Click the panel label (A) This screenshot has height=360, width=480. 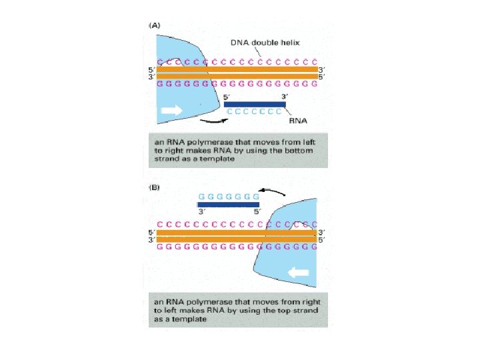pyautogui.click(x=155, y=25)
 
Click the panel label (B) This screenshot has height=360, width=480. pyautogui.click(x=155, y=188)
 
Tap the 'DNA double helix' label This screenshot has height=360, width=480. pyautogui.click(x=265, y=43)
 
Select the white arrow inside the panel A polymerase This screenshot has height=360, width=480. pyautogui.click(x=171, y=111)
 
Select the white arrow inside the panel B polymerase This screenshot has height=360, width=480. pyautogui.click(x=299, y=272)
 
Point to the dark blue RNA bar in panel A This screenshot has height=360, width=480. pyautogui.click(x=255, y=104)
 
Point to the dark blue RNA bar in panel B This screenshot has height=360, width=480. pyautogui.click(x=228, y=205)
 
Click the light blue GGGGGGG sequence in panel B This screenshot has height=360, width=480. pyautogui.click(x=229, y=197)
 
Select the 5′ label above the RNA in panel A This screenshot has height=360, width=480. pyautogui.click(x=227, y=96)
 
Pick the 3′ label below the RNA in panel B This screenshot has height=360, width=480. pyautogui.click(x=202, y=213)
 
